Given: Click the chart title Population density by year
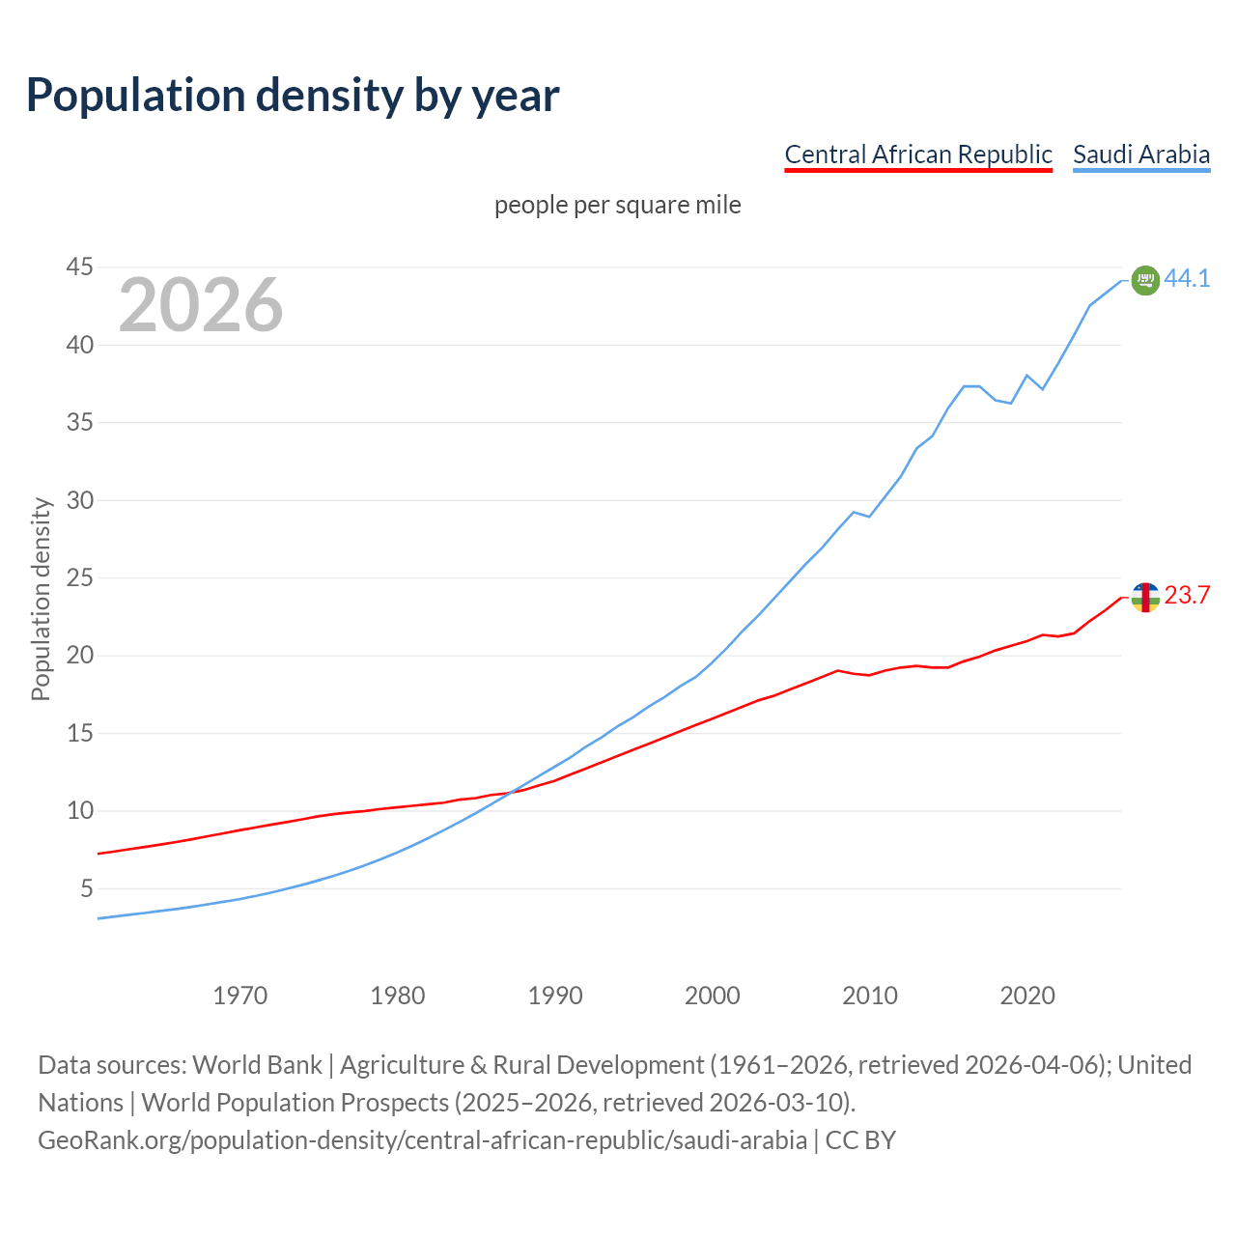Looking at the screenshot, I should tap(293, 96).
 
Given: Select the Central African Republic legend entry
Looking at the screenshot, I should tap(917, 154).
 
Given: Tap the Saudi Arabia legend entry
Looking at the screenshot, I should tap(1141, 154).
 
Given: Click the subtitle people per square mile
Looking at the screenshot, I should tap(617, 206).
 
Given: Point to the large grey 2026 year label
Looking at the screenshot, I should tap(201, 305).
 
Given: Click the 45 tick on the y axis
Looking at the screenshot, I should tap(80, 267).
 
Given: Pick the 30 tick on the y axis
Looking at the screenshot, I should tap(80, 500).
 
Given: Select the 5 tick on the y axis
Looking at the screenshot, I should tap(87, 888).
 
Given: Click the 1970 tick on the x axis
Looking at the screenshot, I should tap(239, 996).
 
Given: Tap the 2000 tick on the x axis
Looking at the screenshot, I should tap(712, 996).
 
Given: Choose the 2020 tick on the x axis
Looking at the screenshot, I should tap(1026, 996).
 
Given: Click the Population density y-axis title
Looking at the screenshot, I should tap(41, 599).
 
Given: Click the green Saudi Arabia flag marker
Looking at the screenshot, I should tap(1145, 280).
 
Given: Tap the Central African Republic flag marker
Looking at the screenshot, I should tap(1145, 598).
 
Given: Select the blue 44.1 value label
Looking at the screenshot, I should tap(1187, 278).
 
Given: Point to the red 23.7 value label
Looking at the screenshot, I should tap(1187, 596).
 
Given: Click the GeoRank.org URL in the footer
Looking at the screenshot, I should tap(422, 1140).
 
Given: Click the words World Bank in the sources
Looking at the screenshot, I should tap(257, 1065).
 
